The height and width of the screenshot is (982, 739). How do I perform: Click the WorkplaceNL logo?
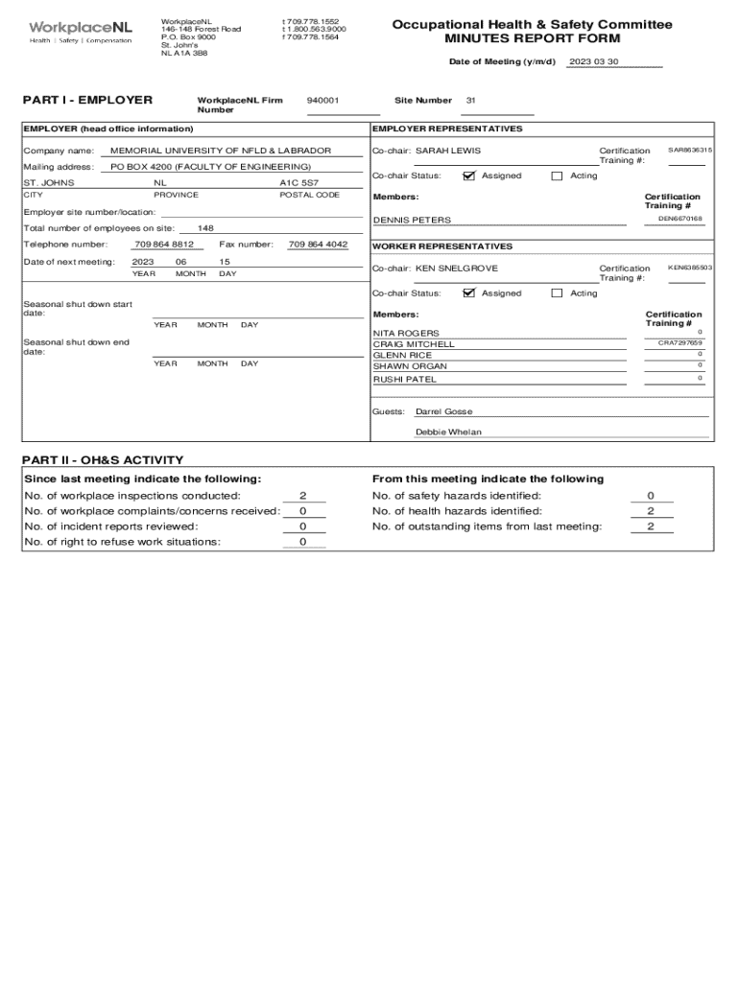tap(80, 32)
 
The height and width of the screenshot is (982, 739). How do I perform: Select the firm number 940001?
tap(322, 100)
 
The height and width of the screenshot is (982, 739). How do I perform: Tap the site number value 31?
tap(470, 100)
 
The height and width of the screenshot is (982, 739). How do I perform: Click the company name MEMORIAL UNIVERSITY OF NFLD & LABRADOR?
tap(221, 151)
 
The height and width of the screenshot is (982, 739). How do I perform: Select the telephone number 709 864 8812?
tap(163, 245)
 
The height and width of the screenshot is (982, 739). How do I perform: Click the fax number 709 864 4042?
tap(318, 245)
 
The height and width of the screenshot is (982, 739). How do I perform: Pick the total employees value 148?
tap(205, 228)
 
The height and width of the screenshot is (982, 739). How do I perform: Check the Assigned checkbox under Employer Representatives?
tap(468, 175)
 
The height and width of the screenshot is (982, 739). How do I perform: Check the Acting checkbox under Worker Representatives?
tap(557, 293)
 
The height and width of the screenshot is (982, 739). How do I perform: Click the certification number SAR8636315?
tap(689, 151)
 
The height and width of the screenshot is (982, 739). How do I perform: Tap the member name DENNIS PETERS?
tap(412, 221)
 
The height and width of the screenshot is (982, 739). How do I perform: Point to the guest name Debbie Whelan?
tap(448, 433)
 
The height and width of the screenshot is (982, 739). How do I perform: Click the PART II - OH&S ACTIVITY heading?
tap(103, 460)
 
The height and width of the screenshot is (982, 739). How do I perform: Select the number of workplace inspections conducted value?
tap(302, 496)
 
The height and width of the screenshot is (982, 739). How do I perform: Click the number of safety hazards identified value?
tap(650, 496)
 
